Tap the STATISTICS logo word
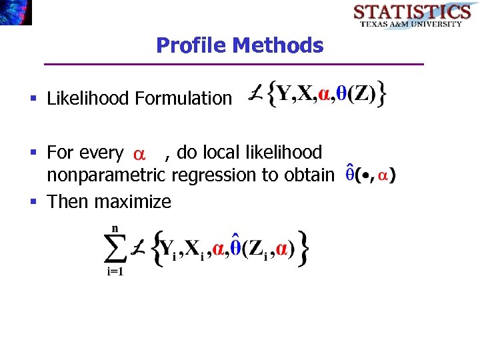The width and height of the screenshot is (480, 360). [x=411, y=12]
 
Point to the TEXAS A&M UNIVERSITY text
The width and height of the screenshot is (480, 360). [x=411, y=24]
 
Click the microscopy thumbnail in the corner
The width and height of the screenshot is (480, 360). [x=15, y=12]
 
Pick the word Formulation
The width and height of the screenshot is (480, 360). [x=183, y=99]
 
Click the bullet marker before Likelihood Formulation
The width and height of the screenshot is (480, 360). [x=33, y=99]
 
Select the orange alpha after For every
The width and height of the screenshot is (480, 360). [x=139, y=155]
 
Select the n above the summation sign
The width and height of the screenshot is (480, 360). [x=115, y=229]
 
